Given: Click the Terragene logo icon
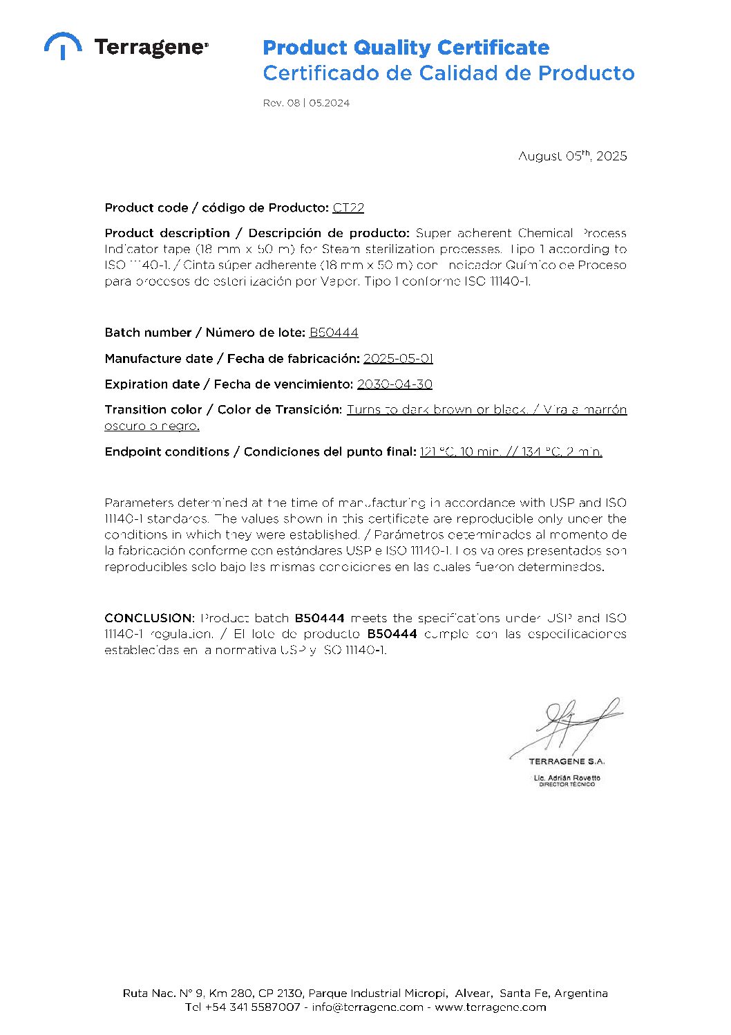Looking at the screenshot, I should [63, 46].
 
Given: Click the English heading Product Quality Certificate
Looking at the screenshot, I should [406, 48].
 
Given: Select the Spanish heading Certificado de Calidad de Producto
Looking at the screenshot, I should [448, 73].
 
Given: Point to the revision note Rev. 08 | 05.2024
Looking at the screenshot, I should [306, 103].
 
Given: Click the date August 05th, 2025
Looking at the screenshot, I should [572, 156].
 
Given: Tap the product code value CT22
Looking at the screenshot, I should [348, 207].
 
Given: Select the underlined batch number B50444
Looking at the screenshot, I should [334, 333].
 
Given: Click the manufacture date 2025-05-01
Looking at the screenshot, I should [398, 358].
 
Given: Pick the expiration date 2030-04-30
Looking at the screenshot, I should [395, 384].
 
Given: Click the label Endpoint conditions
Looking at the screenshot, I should [167, 451].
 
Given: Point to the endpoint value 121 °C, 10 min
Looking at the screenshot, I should [460, 451].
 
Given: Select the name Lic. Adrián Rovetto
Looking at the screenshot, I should [567, 778].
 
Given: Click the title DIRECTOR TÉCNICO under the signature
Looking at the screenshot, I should [567, 785].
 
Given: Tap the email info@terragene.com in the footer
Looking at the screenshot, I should [367, 1007].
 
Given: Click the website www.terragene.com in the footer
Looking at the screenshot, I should [491, 1007].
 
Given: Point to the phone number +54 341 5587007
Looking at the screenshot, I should [253, 1007].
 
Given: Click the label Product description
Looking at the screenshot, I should [167, 233].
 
